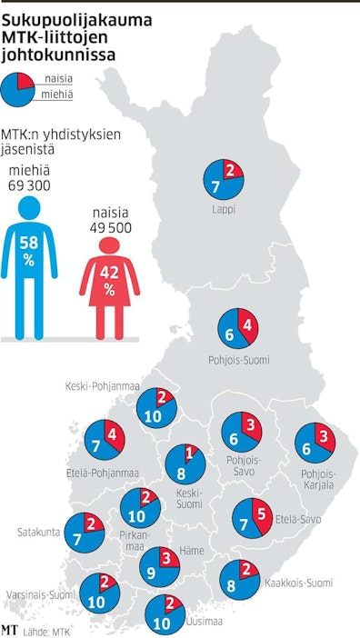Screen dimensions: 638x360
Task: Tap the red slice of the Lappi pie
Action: click(232, 170)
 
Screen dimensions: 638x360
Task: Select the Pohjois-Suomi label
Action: click(238, 360)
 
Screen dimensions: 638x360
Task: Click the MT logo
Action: click(11, 628)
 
